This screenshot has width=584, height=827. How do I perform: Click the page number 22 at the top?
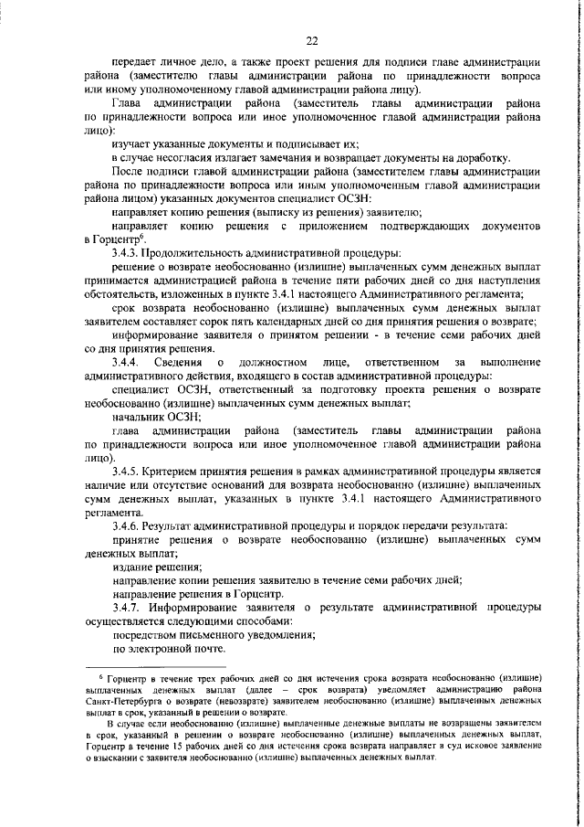311,40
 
